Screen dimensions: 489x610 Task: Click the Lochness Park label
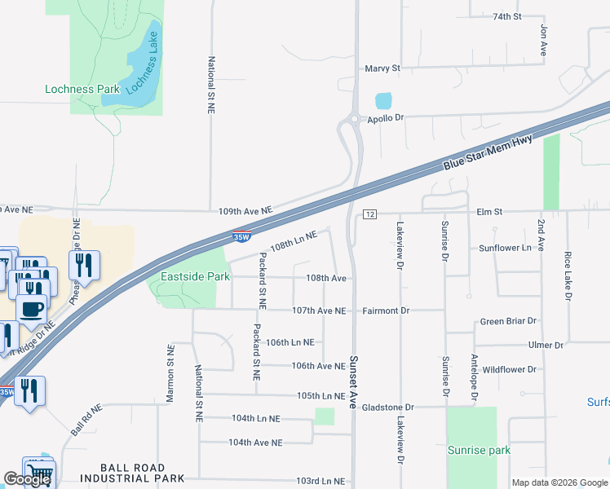pyautogui.click(x=82, y=89)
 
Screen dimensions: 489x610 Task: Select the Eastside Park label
pyautogui.click(x=193, y=277)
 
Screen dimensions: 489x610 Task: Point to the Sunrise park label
pyautogui.click(x=479, y=450)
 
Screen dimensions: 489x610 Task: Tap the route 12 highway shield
pyautogui.click(x=369, y=214)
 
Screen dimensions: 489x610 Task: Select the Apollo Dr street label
pyautogui.click(x=386, y=118)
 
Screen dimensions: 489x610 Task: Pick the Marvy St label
pyautogui.click(x=382, y=69)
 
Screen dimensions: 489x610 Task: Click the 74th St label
pyautogui.click(x=506, y=16)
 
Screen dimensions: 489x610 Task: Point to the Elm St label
pyautogui.click(x=489, y=212)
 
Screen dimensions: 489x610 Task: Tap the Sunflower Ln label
pyautogui.click(x=505, y=248)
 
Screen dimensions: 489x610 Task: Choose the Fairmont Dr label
pyautogui.click(x=386, y=311)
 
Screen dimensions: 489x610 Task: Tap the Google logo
pyautogui.click(x=28, y=479)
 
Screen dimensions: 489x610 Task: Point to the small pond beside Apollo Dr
pyautogui.click(x=382, y=102)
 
